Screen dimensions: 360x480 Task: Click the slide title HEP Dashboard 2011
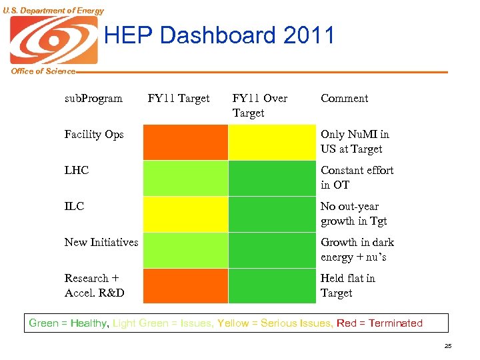point(219,35)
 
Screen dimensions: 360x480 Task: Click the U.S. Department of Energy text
point(53,10)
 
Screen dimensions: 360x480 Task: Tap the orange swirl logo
point(54,40)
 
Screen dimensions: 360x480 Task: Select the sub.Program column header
point(93,99)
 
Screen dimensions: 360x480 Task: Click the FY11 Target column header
point(179,99)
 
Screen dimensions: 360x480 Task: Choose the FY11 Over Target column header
point(259,105)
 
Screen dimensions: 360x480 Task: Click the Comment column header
point(344,99)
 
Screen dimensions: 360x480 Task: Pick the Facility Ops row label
point(94,135)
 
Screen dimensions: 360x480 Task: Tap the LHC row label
point(77,171)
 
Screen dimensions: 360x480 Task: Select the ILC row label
point(74,207)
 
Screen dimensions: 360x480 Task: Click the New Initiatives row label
point(101,243)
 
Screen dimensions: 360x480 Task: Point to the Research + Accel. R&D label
point(94,285)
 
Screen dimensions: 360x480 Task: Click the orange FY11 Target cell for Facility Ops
point(185,142)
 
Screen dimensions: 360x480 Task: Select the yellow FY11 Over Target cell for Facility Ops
point(271,142)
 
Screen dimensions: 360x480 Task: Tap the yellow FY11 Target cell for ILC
point(185,214)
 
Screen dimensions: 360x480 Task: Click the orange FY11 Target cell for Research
point(185,286)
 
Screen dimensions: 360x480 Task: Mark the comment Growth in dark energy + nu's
point(357,250)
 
